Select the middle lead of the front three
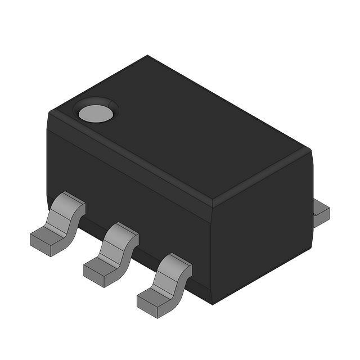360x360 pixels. pyautogui.click(x=112, y=255)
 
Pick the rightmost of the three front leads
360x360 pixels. pyautogui.click(x=165, y=285)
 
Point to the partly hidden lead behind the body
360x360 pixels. pyautogui.click(x=321, y=213)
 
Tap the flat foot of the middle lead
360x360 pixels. pyautogui.click(x=99, y=271)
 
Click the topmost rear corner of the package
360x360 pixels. pyautogui.click(x=148, y=56)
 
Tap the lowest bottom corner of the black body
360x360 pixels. pyautogui.click(x=212, y=304)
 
